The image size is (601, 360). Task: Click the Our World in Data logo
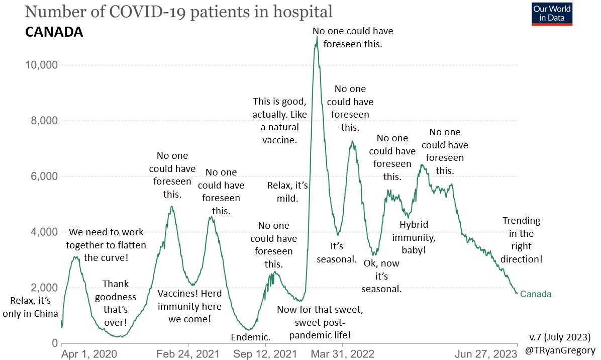point(552,14)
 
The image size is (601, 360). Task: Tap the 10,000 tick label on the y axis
point(41,65)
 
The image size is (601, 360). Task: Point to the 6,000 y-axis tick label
point(44,176)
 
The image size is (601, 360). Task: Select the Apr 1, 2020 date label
point(89,353)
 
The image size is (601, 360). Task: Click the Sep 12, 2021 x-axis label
point(265,353)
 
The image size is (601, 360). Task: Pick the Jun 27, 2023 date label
point(486,353)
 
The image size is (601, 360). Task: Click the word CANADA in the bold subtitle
point(54,32)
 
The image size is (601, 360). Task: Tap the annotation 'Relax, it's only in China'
point(30,307)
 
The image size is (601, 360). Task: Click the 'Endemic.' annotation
point(251,337)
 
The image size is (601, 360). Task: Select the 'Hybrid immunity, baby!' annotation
point(414,237)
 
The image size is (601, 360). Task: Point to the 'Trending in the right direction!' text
point(521,240)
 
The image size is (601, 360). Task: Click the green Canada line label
point(536,294)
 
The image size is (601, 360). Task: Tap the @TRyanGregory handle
point(560,350)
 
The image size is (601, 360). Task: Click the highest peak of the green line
point(317,37)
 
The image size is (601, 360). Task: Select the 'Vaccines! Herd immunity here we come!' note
point(189,306)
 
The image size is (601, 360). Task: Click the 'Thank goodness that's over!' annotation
point(116,303)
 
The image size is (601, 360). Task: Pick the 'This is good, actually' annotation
point(279,121)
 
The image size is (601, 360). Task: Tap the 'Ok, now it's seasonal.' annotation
point(381,276)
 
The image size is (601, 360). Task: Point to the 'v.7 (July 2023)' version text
point(560,337)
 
